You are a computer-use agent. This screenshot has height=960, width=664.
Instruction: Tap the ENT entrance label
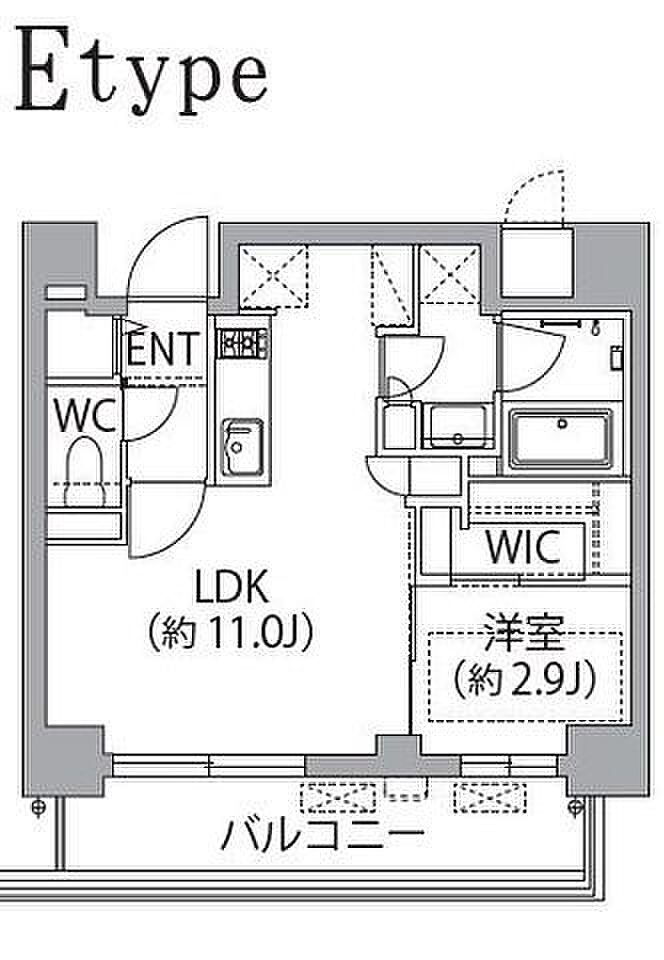[x=166, y=349]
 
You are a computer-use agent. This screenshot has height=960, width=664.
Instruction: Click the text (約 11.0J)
[x=231, y=631]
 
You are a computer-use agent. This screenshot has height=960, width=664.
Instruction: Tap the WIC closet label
[x=522, y=548]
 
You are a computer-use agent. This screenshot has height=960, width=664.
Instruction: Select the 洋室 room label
[x=523, y=636]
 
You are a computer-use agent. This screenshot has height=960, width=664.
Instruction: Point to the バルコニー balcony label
[x=323, y=833]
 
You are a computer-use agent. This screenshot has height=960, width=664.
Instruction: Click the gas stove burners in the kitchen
[x=244, y=343]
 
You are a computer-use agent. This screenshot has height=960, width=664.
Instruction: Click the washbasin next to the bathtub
[x=459, y=428]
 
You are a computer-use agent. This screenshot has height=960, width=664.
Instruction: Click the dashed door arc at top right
[x=535, y=197]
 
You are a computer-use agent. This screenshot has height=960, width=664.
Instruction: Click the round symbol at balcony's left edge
[x=39, y=806]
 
